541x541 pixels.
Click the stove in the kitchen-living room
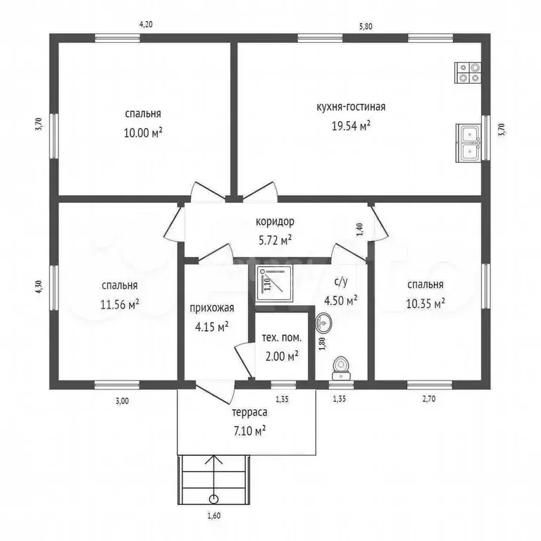(468, 73)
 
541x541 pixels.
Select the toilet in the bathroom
(341, 368)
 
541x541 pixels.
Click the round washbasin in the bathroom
(323, 323)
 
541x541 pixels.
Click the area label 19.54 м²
(351, 126)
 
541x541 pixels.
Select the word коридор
(275, 221)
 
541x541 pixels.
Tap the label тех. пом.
(282, 338)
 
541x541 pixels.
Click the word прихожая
(212, 308)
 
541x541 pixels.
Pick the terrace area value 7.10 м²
(249, 431)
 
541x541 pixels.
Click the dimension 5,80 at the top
(366, 26)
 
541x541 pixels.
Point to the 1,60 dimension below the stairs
(214, 516)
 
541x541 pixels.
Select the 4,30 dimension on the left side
(39, 287)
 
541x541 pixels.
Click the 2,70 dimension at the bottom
(429, 399)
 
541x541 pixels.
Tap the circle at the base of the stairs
(214, 499)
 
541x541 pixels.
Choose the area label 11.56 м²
(120, 304)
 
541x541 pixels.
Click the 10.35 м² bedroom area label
(425, 304)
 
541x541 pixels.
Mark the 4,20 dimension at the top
(146, 25)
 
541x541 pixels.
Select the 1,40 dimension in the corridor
(359, 230)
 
